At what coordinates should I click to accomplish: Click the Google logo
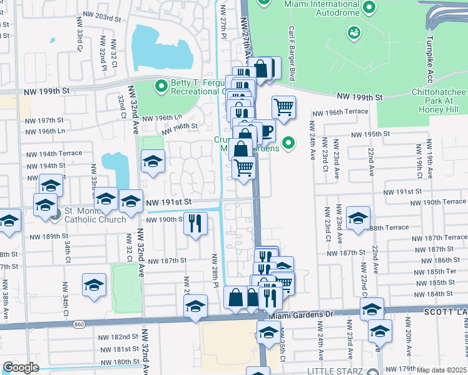coord(20,367)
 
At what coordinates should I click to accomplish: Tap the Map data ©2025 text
coord(441,370)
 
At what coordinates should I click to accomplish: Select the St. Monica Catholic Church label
coord(95,214)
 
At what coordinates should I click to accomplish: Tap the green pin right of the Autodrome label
coord(369,8)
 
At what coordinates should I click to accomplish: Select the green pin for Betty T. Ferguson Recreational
coord(161,85)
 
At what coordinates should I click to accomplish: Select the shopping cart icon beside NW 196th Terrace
coord(283,107)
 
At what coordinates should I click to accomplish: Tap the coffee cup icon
coord(265,131)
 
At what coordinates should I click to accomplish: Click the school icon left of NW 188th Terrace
coord(358,218)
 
